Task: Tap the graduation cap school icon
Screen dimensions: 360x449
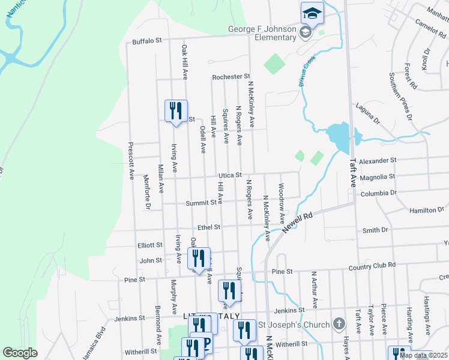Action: tap(312, 13)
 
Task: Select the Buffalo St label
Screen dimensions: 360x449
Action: tap(148, 41)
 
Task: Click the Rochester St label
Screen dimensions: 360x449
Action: tap(231, 77)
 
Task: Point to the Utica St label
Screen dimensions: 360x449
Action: tap(229, 175)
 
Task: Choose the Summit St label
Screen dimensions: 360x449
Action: tap(201, 203)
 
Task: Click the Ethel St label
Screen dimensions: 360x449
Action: tap(209, 227)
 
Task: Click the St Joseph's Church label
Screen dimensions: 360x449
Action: tap(294, 325)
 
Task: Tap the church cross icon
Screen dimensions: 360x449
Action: tap(339, 325)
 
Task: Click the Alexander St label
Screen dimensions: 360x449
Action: tap(379, 161)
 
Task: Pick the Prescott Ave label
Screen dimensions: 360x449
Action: tap(130, 161)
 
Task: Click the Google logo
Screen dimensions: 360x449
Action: tap(20, 352)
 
